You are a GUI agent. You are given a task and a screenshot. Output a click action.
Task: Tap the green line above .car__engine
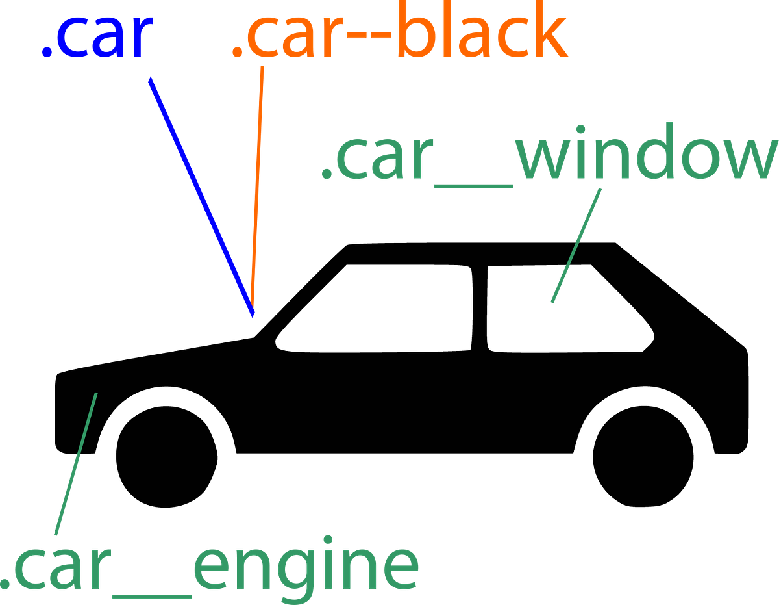coord(77,461)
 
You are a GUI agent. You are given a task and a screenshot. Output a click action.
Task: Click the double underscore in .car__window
coord(473,185)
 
